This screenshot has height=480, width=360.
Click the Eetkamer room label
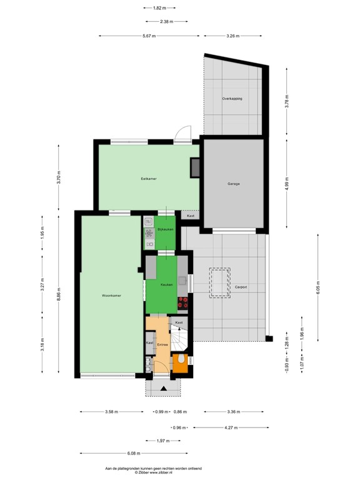coord(148,179)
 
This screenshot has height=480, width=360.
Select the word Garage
coord(234,184)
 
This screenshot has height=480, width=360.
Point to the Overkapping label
coord(232,99)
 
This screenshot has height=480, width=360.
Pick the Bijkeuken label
coord(165,230)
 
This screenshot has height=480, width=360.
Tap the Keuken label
coord(166,285)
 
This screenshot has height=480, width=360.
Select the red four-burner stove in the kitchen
coord(183,302)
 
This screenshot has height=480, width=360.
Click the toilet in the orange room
coord(180,360)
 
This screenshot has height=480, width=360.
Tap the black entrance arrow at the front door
coord(163,389)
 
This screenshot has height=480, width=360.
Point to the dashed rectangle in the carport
coord(219,284)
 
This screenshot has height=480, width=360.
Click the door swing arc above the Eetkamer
coord(181,134)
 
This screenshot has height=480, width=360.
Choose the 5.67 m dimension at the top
coord(149,36)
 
